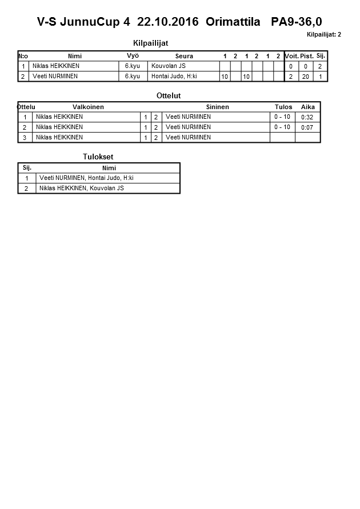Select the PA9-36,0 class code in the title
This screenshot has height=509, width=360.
(x=296, y=22)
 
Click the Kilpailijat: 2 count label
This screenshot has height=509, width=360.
(x=323, y=34)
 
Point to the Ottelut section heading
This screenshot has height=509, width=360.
(x=169, y=96)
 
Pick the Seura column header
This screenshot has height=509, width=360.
(x=184, y=56)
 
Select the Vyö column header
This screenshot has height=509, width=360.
(x=133, y=55)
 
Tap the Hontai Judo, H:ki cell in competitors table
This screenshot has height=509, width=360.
(x=174, y=77)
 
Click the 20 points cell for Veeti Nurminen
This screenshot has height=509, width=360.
(x=306, y=77)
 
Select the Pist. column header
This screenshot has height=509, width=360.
(x=307, y=56)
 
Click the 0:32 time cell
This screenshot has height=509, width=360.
(x=307, y=117)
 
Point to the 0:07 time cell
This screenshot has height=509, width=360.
(x=307, y=127)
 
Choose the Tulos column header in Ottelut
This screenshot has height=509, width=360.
(x=283, y=107)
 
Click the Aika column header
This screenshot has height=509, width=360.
(x=308, y=107)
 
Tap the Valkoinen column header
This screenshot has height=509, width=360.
(x=88, y=107)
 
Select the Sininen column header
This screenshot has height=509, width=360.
(x=217, y=107)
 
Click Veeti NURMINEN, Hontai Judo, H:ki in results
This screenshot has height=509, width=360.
(x=86, y=178)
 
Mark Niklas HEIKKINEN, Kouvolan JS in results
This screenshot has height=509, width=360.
(x=81, y=189)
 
